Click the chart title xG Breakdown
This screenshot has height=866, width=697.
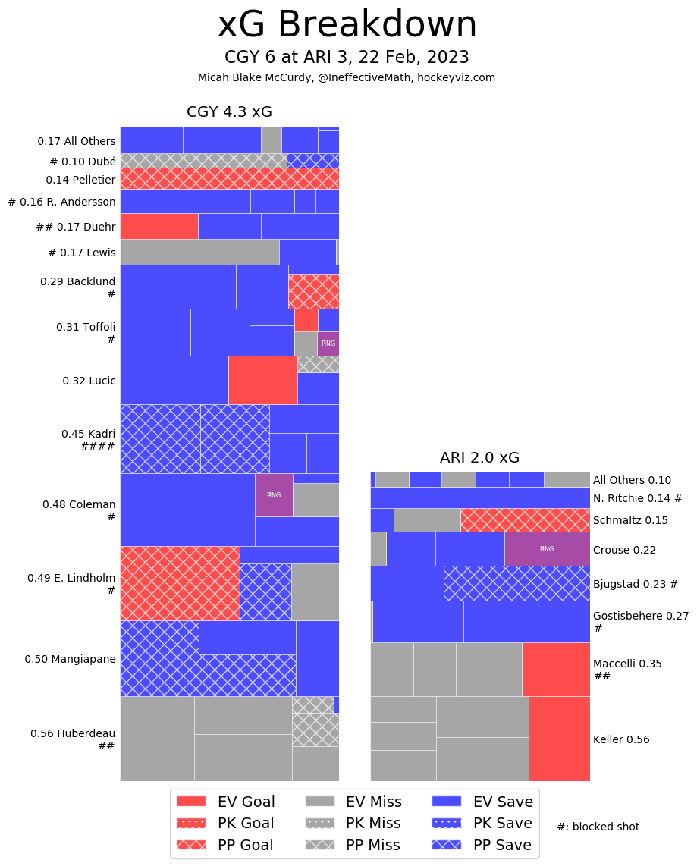click(347, 25)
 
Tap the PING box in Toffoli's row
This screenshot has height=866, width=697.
click(328, 344)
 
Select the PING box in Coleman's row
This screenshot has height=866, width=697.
click(274, 494)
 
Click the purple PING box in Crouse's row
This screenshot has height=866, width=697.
click(547, 549)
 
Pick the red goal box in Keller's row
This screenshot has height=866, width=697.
click(559, 739)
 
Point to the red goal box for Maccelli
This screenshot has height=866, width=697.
click(556, 669)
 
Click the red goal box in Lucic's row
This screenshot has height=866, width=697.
click(262, 380)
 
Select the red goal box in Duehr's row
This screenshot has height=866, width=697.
click(159, 226)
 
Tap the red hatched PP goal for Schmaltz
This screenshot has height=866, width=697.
click(525, 520)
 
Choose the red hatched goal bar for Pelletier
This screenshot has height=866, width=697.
click(229, 178)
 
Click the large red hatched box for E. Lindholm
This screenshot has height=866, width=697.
click(180, 583)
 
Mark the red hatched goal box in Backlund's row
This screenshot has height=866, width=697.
click(313, 291)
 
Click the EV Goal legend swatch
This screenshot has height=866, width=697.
click(191, 802)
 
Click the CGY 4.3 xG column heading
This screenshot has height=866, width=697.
click(229, 112)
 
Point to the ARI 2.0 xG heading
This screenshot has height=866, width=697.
click(479, 458)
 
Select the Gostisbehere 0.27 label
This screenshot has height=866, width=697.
click(640, 616)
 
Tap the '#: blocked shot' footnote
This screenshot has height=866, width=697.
click(598, 827)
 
